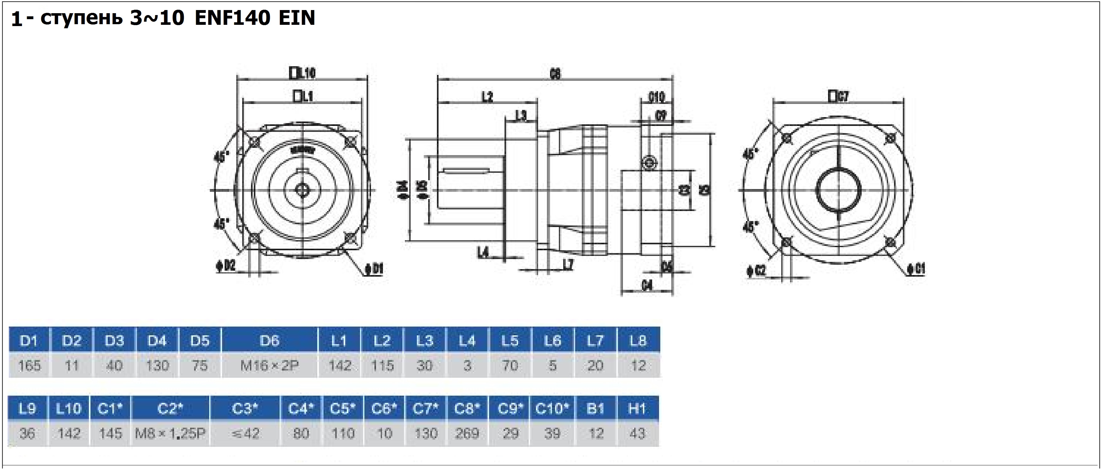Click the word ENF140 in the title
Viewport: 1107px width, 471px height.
(x=232, y=18)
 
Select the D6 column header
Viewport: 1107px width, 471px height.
(x=270, y=341)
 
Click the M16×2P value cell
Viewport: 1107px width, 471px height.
(x=270, y=366)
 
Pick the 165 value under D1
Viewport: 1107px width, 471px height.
(x=29, y=366)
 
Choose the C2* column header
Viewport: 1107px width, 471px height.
(x=170, y=408)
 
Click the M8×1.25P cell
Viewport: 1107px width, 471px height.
(x=170, y=434)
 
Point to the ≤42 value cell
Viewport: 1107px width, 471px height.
(x=245, y=434)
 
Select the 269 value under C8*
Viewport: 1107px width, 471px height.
(x=467, y=434)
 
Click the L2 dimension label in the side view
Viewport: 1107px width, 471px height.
(x=487, y=97)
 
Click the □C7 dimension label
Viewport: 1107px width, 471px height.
(x=839, y=97)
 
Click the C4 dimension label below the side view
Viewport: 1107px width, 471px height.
(x=647, y=285)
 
